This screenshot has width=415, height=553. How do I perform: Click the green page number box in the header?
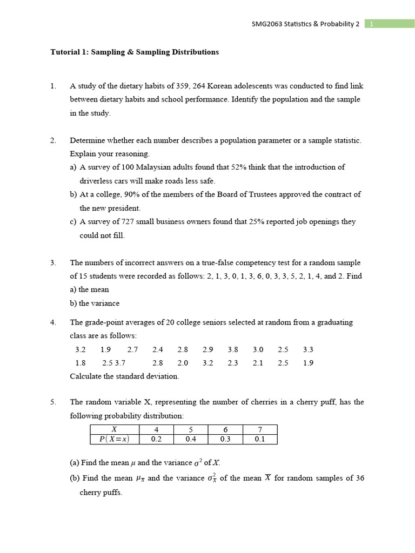[x=390, y=24]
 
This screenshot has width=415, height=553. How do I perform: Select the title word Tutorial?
[x=64, y=52]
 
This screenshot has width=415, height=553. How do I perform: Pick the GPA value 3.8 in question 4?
[x=233, y=349]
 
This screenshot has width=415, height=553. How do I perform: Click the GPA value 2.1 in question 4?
[x=258, y=363]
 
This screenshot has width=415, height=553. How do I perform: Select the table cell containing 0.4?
[x=190, y=439]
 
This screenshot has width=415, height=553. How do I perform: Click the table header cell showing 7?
[x=260, y=429]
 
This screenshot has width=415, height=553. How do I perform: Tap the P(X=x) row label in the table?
[x=115, y=439]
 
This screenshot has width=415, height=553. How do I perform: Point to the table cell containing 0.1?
[x=260, y=439]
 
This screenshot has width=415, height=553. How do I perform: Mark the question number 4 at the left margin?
[x=53, y=322]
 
